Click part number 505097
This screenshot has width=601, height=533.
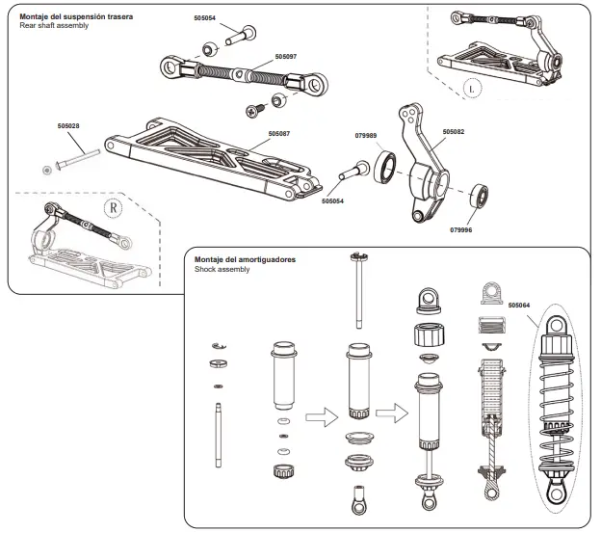point(286,57)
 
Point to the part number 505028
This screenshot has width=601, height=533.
point(68,126)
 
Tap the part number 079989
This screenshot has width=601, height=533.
point(365,136)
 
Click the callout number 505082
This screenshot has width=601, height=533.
point(454,131)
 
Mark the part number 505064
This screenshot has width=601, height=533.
point(519,305)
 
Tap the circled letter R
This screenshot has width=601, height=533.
point(113,205)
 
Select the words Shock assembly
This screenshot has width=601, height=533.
point(222,270)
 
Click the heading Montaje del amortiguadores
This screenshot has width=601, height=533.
point(245,260)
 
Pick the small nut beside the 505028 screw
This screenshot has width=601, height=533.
point(48,171)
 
